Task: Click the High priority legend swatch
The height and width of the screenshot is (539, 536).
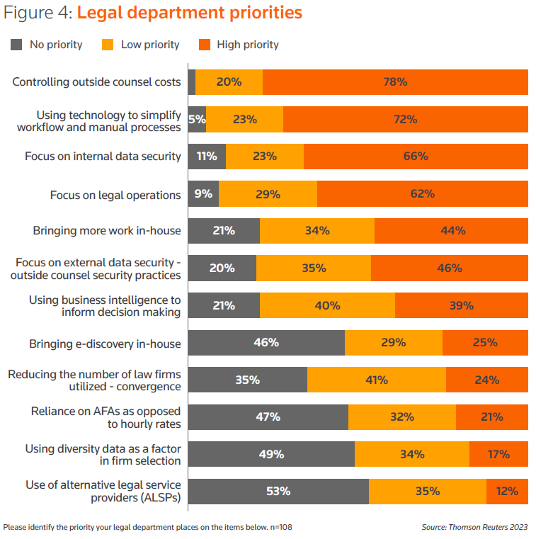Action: click(205, 45)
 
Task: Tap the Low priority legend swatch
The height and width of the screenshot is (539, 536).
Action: click(108, 45)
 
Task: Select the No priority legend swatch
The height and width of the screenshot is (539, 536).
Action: click(17, 45)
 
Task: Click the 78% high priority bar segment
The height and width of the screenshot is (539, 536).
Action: click(395, 81)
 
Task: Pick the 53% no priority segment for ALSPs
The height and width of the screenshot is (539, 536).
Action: click(278, 491)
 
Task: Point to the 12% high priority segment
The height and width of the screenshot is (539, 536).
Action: click(507, 491)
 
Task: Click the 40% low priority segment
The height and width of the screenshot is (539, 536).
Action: click(327, 305)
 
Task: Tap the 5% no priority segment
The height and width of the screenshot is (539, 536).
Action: click(198, 119)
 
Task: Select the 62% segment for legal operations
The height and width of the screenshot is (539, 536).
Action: click(423, 193)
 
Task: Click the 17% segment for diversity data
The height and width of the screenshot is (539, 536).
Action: click(498, 454)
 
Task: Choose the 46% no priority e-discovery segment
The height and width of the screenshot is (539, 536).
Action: click(266, 343)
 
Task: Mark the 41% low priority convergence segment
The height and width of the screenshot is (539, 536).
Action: click(377, 380)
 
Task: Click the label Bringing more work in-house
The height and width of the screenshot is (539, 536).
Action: click(107, 230)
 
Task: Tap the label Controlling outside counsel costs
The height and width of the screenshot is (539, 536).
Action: click(97, 81)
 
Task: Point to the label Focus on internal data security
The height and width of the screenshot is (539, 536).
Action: click(103, 156)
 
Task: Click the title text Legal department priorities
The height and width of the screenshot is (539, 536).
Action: click(189, 13)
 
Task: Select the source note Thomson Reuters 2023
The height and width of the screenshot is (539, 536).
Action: click(474, 527)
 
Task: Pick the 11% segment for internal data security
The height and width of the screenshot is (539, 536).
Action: click(207, 156)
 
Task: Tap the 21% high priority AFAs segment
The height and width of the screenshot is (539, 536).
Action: click(492, 416)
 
